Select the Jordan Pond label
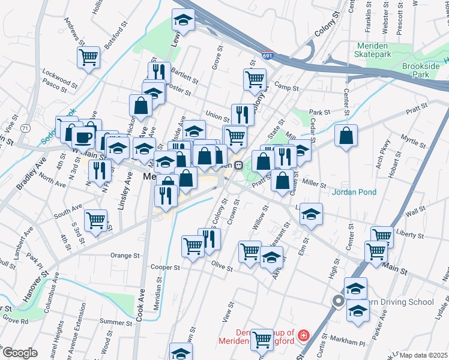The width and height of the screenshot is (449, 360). pyautogui.click(x=355, y=192)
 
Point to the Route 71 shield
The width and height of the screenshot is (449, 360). pyautogui.click(x=25, y=128)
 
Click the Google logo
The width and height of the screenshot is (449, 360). pyautogui.click(x=19, y=353)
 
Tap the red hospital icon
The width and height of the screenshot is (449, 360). pyautogui.click(x=304, y=335)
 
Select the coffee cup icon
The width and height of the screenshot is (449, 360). pyautogui.click(x=83, y=137)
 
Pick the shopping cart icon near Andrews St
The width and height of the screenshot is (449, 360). pyautogui.click(x=88, y=58)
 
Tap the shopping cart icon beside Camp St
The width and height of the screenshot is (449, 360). pyautogui.click(x=255, y=79)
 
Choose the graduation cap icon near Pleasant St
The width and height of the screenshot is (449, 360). pyautogui.click(x=272, y=257)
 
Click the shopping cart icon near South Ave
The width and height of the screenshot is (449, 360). pyautogui.click(x=95, y=220)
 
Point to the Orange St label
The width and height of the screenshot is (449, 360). pyautogui.click(x=125, y=255)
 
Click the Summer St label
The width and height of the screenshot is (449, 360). pyautogui.click(x=115, y=322)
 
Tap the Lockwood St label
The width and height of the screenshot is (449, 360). pyautogui.click(x=57, y=77)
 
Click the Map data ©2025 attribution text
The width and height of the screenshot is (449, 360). pyautogui.click(x=423, y=355)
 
